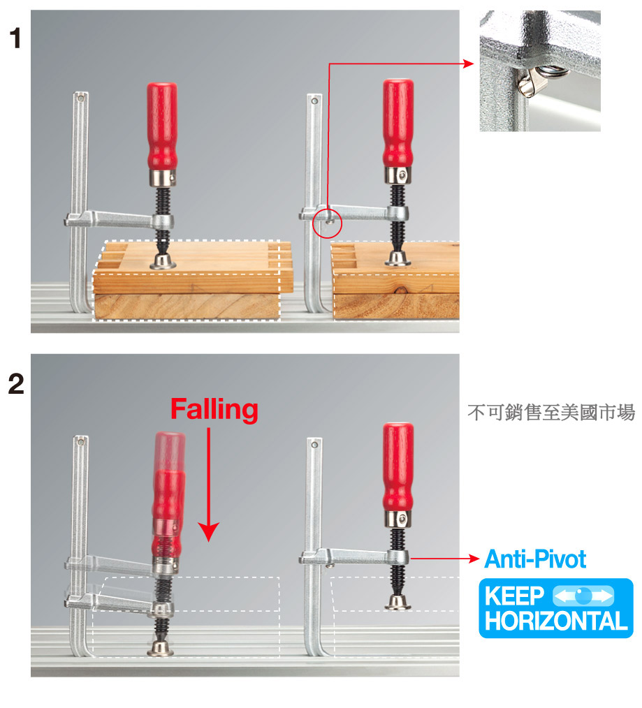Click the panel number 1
15,38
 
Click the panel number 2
16,384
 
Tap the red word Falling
214,410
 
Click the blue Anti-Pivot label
535,559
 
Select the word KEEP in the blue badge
515,596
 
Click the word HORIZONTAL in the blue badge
556,621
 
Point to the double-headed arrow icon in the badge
583,596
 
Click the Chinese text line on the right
551,412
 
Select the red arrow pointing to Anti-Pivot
444,559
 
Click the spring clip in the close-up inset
541,79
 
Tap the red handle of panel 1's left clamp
162,126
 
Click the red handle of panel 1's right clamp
398,124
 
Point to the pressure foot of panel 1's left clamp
163,261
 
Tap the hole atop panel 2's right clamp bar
315,445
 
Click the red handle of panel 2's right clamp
398,467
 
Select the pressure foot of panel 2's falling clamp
161,648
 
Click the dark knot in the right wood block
400,290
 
